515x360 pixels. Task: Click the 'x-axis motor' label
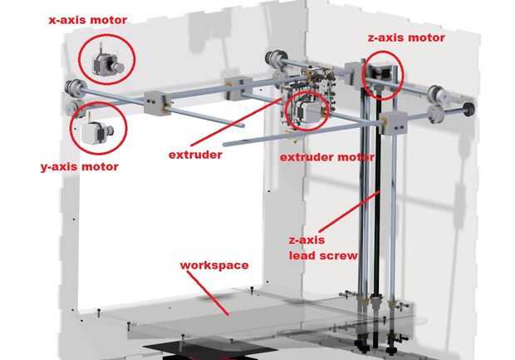click(x=88, y=18)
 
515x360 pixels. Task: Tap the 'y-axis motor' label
click(x=79, y=166)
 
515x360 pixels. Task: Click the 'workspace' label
click(x=214, y=265)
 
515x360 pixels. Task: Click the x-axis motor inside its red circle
click(x=106, y=60)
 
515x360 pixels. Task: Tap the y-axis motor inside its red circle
click(x=96, y=129)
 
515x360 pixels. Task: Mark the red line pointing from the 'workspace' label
click(x=220, y=292)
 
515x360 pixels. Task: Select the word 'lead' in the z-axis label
click(x=305, y=255)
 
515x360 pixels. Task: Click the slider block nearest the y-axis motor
click(x=155, y=103)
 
